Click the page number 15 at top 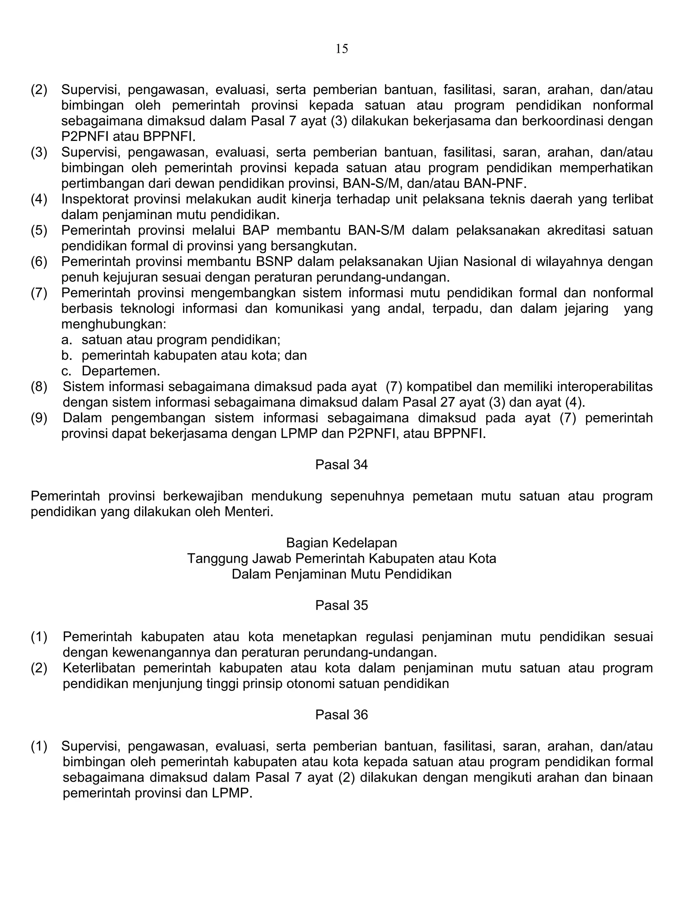click(x=342, y=49)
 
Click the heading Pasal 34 click(x=341, y=464)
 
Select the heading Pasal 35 click(x=341, y=606)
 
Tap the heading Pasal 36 click(x=341, y=715)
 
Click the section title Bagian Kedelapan click(x=341, y=543)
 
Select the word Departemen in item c click(x=120, y=371)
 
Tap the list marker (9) click(x=39, y=418)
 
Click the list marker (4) click(x=39, y=199)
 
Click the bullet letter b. click(x=66, y=355)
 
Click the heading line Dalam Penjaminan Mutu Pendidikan click(x=341, y=574)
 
